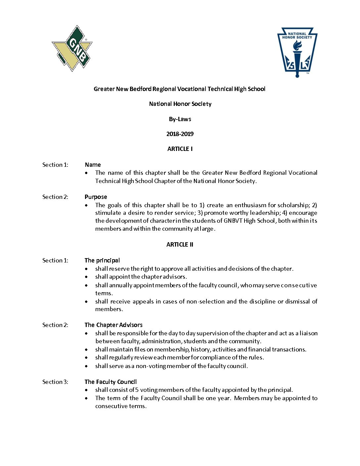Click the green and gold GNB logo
[x=72, y=48]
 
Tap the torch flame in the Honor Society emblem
[x=297, y=45]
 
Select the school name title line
[x=179, y=89]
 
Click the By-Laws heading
[x=180, y=119]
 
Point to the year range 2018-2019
[x=180, y=134]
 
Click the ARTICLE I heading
[x=180, y=149]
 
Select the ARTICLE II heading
[x=180, y=245]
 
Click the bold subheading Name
[x=93, y=165]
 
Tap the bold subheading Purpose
[x=96, y=197]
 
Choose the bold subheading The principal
[x=102, y=260]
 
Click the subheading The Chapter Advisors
[x=113, y=325]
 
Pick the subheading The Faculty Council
[x=111, y=382]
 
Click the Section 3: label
[x=55, y=382]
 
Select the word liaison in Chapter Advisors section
[x=308, y=333]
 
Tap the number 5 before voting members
[x=137, y=390]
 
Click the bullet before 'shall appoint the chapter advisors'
[x=87, y=277]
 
